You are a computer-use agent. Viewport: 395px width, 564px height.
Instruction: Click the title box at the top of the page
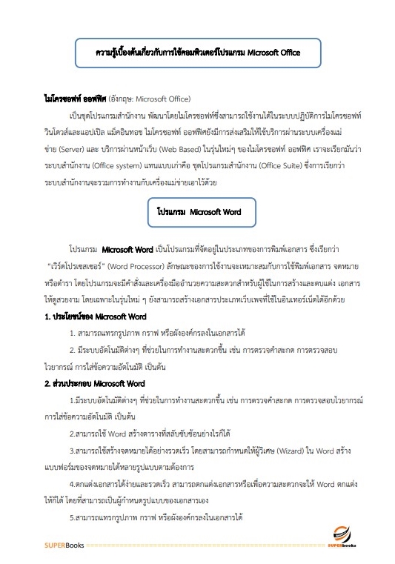tap(197, 53)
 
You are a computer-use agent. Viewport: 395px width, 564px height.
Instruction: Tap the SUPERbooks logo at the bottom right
tap(346, 538)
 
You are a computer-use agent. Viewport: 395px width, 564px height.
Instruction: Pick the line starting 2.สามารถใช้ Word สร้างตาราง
tap(142, 433)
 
